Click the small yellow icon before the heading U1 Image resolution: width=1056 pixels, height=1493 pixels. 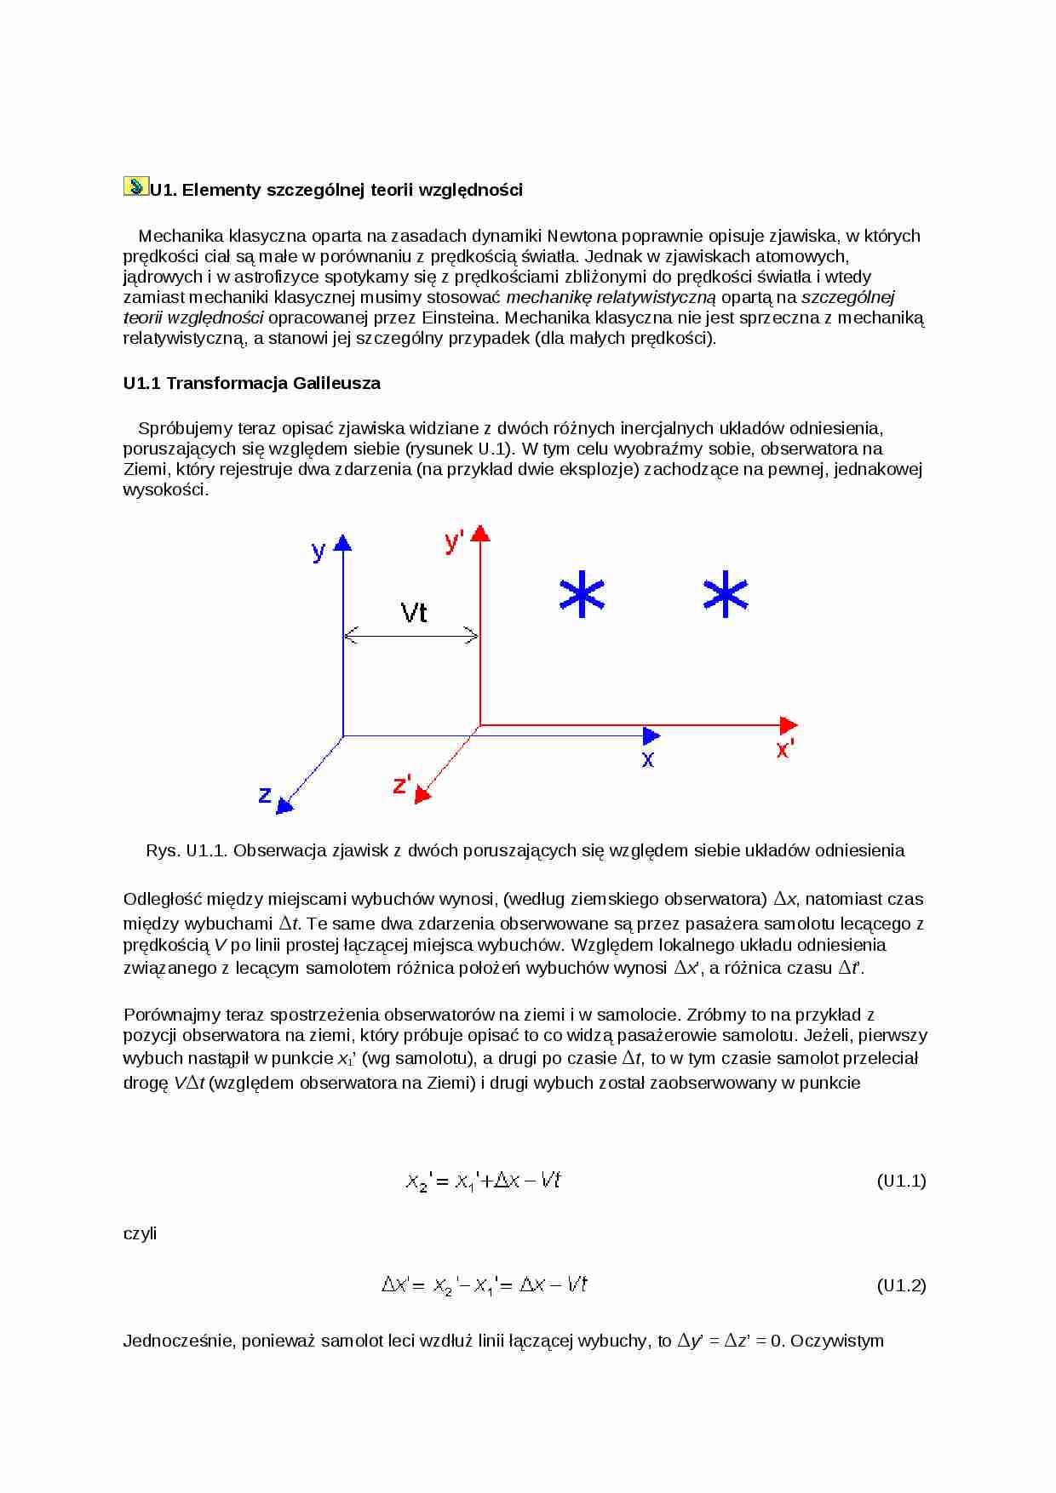point(135,186)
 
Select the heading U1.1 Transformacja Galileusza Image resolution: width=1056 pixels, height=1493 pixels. point(251,383)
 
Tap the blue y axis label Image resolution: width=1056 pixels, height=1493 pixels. point(319,551)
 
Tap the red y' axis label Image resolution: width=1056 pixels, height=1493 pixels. point(454,541)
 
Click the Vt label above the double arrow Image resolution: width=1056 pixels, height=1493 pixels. point(414,612)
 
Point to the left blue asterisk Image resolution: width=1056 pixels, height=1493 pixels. point(582,594)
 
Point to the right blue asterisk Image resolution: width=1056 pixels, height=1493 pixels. point(726,594)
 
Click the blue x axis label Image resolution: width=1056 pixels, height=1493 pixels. point(648,758)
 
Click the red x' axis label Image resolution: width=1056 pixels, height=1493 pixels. point(784,749)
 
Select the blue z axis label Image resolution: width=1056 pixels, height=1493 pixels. point(265,795)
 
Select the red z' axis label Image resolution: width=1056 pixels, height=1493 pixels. point(402,784)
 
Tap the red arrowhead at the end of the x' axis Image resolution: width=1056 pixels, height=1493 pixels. point(789,725)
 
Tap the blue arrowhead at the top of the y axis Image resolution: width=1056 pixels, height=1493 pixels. point(342,543)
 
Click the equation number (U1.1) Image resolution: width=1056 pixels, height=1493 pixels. point(901,1181)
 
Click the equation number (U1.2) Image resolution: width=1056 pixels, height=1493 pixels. point(901,1285)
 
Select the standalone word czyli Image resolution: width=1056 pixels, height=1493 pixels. point(140,1233)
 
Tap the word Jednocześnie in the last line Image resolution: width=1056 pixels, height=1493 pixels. point(178,1341)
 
